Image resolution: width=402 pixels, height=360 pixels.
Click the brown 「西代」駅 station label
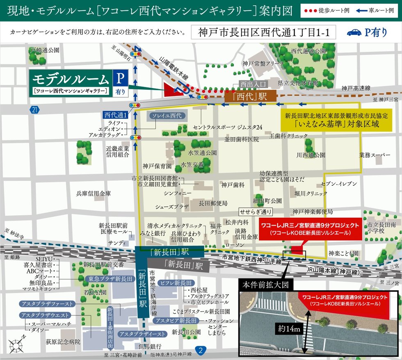click(251, 97)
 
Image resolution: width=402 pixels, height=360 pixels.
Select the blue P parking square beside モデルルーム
click(120, 77)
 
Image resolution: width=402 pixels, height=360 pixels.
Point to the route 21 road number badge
click(34, 109)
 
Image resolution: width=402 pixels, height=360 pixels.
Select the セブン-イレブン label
click(339, 184)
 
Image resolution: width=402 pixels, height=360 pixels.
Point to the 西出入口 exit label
click(253, 84)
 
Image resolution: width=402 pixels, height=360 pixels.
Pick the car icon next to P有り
click(354, 33)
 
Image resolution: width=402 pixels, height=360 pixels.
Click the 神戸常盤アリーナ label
click(263, 64)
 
